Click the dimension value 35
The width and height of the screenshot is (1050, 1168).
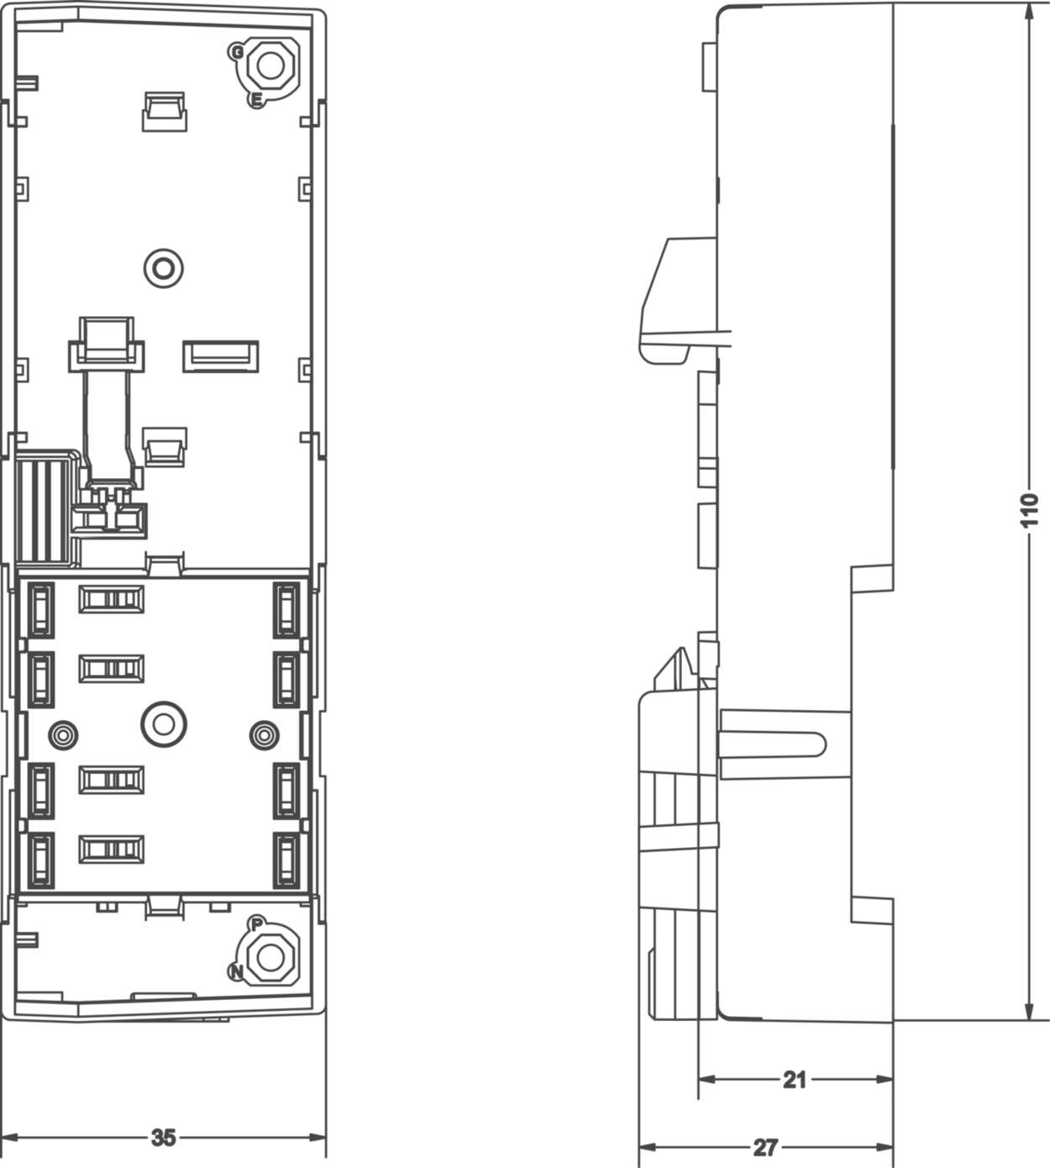(x=164, y=1137)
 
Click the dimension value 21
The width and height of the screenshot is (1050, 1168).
(x=794, y=1080)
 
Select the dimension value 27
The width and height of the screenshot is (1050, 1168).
(x=764, y=1147)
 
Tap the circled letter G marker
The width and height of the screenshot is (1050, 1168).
(x=237, y=52)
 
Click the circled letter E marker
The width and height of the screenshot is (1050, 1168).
(x=256, y=100)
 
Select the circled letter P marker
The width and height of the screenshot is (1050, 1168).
(x=257, y=924)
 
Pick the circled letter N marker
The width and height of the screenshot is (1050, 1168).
(x=237, y=972)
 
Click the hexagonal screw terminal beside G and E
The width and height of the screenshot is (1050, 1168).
(x=271, y=65)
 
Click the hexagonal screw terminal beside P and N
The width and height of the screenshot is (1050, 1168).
(x=270, y=955)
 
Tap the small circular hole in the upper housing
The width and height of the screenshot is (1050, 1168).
(x=164, y=268)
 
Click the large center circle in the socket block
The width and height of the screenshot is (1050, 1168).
(x=164, y=723)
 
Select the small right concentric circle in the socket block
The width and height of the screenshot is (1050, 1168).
(x=264, y=736)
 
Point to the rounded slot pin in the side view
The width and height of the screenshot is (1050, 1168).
(x=773, y=744)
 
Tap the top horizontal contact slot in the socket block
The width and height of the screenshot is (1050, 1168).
(x=111, y=599)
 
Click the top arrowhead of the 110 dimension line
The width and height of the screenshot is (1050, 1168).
(x=1030, y=13)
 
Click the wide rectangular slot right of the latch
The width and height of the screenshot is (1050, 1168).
(x=221, y=355)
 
